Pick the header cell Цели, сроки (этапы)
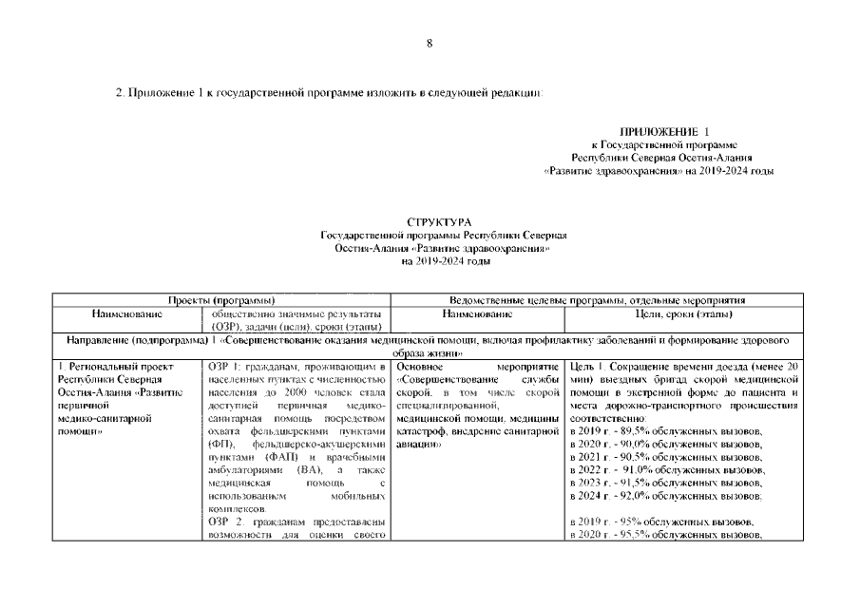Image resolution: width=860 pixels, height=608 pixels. (x=682, y=313)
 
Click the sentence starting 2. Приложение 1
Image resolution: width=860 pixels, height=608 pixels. (x=328, y=94)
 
